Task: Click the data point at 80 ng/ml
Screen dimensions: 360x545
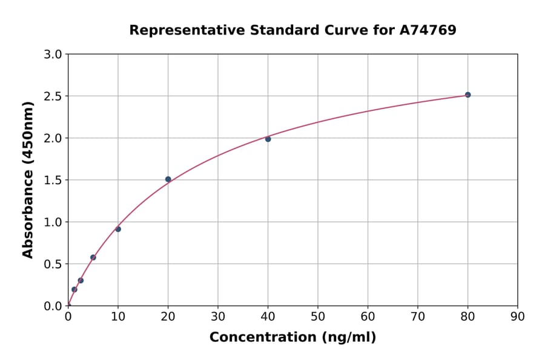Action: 467,95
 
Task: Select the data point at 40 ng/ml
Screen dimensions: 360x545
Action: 268,139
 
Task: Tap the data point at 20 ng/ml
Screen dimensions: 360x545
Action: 168,179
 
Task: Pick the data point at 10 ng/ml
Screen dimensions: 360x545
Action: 118,229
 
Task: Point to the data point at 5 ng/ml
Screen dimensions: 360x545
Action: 93,258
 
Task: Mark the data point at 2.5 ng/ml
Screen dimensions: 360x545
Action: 81,281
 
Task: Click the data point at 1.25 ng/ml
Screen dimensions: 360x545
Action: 74,290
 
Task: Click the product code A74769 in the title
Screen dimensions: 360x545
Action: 428,30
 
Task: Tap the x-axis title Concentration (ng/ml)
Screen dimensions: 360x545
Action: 292,338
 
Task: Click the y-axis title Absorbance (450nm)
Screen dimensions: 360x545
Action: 28,179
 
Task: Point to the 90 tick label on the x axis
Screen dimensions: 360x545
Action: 517,316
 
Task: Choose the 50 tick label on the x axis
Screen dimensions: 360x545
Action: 318,316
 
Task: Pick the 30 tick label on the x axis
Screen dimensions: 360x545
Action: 218,316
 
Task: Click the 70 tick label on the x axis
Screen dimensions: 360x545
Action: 418,316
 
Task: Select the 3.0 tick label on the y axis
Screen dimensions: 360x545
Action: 54,55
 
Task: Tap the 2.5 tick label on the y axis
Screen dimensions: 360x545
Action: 54,96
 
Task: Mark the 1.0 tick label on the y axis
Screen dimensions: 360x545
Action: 54,222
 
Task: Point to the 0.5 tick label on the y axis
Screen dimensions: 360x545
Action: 54,264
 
